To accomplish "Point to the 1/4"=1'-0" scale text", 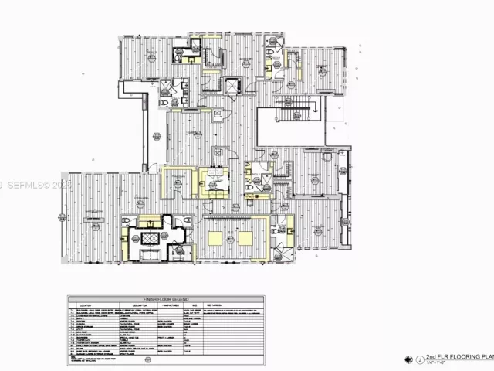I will (437, 363).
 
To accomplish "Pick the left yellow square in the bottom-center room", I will (215, 237).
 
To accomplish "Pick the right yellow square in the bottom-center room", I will (245, 237).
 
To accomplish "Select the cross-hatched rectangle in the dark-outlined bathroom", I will (147, 236).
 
